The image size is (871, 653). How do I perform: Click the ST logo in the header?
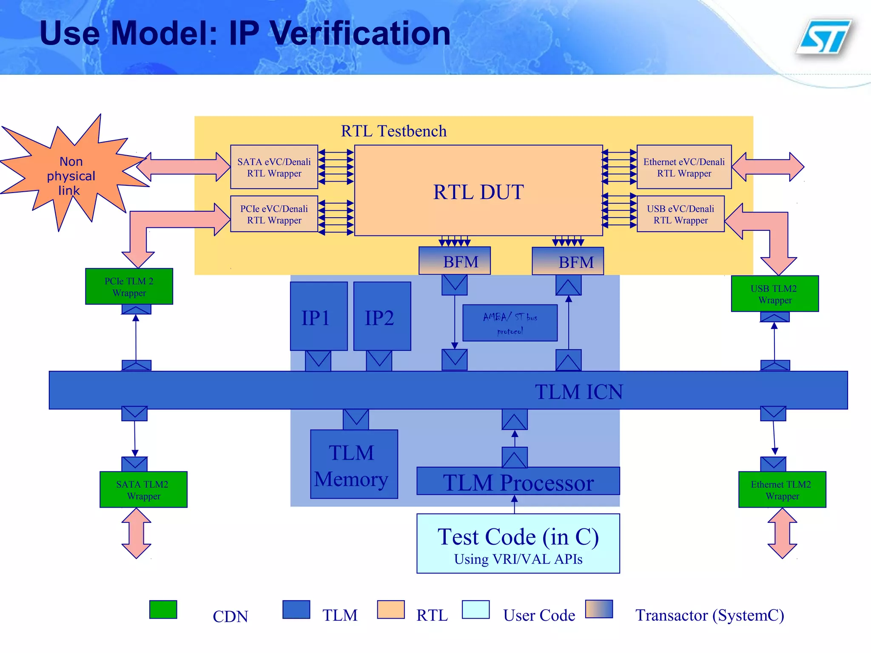(x=824, y=37)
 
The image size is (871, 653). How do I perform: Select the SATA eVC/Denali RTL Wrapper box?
(x=274, y=167)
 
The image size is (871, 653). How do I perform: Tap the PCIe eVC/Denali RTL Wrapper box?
(x=274, y=214)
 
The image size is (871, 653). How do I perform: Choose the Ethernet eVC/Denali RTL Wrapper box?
(x=684, y=167)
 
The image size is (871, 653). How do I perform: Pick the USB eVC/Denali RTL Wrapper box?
(x=680, y=214)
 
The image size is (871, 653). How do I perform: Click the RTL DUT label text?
(x=478, y=192)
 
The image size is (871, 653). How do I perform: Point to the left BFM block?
(x=455, y=261)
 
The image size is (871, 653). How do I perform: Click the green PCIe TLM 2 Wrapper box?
(x=129, y=287)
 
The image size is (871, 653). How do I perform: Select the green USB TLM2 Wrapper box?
(x=774, y=294)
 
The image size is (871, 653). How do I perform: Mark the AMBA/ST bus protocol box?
(x=510, y=323)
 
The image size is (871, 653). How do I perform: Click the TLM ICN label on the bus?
(x=578, y=392)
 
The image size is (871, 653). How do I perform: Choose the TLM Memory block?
(x=354, y=464)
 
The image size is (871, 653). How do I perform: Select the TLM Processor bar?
(x=518, y=482)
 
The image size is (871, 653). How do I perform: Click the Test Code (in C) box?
(x=518, y=543)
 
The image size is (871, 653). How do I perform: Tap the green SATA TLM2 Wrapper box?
(x=143, y=490)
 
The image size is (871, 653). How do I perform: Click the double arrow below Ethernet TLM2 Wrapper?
(x=782, y=533)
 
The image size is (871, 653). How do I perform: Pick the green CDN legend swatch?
(x=163, y=610)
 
